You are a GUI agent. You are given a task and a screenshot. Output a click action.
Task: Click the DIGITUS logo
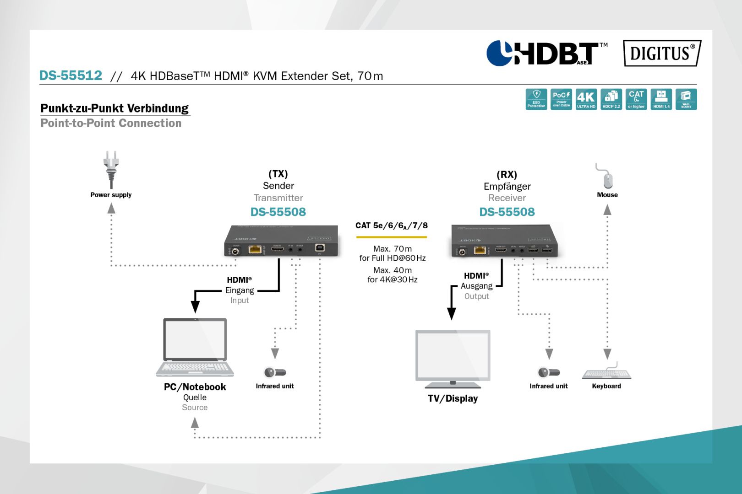point(662,53)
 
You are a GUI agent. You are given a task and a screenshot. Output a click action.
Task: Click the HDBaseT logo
point(546,53)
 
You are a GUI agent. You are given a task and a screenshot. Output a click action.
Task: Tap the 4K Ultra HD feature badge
point(586,99)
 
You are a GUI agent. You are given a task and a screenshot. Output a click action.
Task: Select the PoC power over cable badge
point(561,99)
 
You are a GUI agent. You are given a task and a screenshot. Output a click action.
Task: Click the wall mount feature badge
point(686,99)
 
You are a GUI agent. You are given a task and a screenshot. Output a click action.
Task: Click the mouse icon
point(607,178)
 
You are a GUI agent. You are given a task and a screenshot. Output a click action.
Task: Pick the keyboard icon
point(607,373)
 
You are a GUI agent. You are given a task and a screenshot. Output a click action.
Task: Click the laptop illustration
point(195,348)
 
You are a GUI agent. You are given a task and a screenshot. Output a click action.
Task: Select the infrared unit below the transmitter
point(275,372)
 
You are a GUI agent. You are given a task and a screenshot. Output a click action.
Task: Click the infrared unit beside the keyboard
point(549,372)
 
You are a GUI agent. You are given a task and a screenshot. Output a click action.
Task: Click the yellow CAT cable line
point(391,237)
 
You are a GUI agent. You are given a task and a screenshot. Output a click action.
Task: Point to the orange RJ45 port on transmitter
point(255,249)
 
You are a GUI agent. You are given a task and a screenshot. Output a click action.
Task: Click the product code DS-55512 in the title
point(71,75)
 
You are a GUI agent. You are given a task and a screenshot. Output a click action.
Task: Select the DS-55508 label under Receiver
point(507,212)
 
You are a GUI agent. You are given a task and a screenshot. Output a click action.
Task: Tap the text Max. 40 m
point(392,270)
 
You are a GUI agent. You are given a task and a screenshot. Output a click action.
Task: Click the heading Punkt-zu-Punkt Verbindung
point(115,108)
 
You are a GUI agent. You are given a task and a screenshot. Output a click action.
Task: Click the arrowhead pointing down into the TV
point(451,314)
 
